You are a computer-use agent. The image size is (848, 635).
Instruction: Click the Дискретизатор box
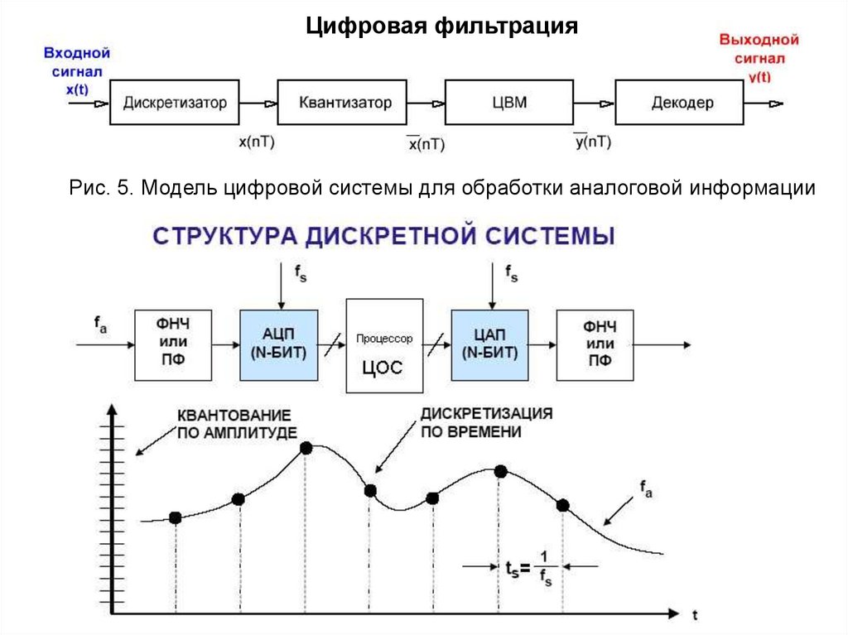[x=174, y=103]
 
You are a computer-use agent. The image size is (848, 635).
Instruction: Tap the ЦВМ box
[x=509, y=103]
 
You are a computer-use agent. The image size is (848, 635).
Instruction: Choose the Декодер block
[x=682, y=103]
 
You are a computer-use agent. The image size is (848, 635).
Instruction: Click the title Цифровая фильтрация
[x=441, y=26]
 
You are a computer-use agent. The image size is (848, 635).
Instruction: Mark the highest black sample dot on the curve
[x=306, y=448]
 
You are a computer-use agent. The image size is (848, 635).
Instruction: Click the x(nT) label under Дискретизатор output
[x=256, y=142]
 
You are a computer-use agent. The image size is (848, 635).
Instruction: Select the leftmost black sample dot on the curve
[x=175, y=517]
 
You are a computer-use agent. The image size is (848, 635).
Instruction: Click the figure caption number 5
[x=123, y=189]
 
